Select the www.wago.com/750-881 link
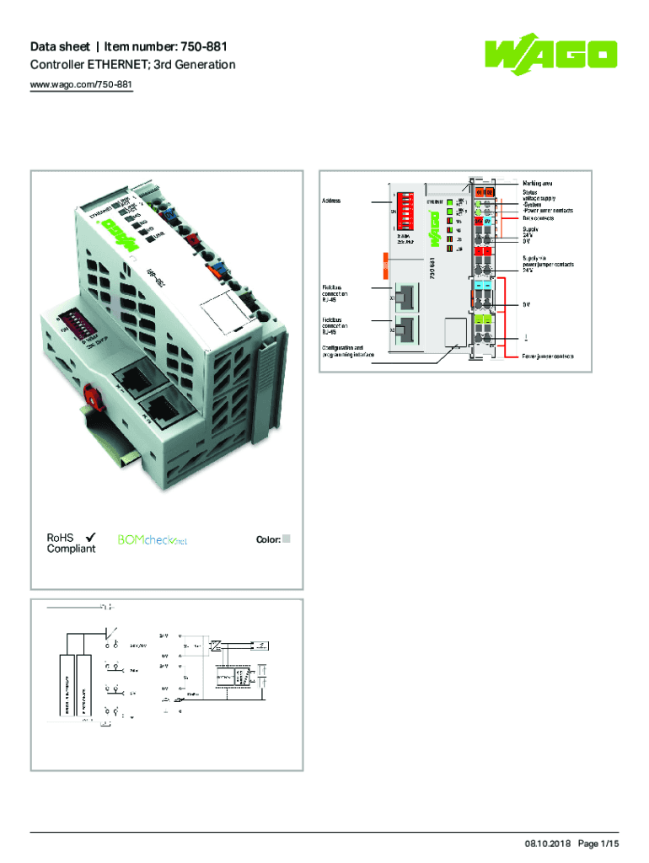pyautogui.click(x=82, y=85)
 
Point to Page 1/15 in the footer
pyautogui.click(x=598, y=844)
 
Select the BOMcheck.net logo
pyautogui.click(x=152, y=539)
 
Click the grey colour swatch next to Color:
pyautogui.click(x=287, y=539)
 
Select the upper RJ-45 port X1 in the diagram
pyautogui.click(x=405, y=297)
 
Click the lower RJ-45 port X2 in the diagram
pyautogui.click(x=405, y=330)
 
